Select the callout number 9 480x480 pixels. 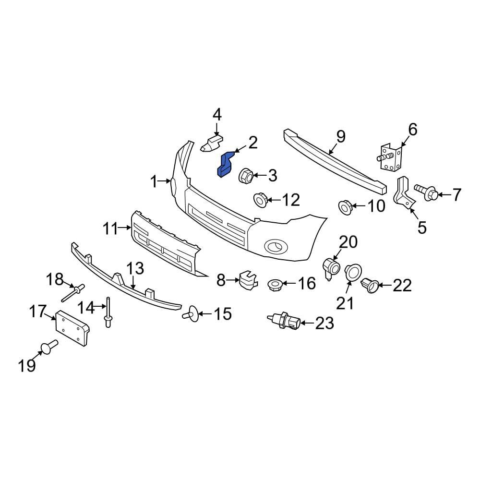point(340,137)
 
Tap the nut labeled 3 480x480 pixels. point(246,175)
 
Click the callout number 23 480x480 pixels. point(324,324)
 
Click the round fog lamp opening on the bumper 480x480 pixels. point(276,246)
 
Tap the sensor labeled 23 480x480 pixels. point(285,321)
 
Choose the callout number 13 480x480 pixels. point(135,269)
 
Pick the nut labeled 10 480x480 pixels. point(346,207)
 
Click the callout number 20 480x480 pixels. point(349,242)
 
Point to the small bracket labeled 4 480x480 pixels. point(212,143)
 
